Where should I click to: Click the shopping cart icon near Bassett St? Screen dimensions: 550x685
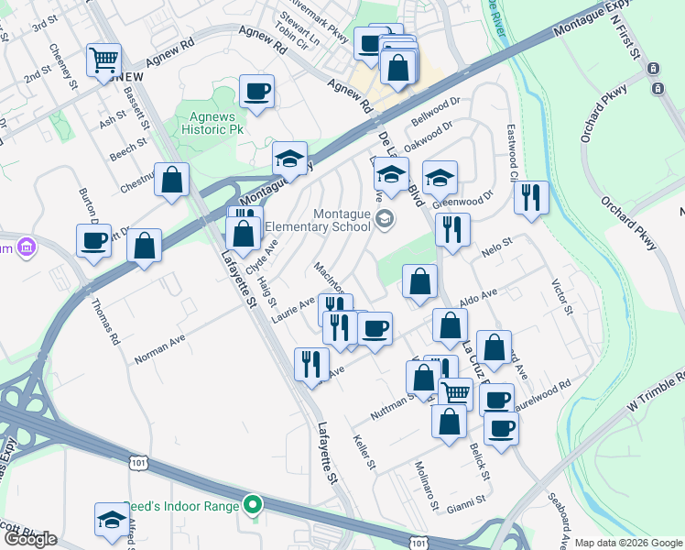(103, 61)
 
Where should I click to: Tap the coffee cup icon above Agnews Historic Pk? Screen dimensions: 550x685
(256, 92)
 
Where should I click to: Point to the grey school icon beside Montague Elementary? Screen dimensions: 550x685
(385, 218)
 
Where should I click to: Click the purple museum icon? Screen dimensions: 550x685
(27, 247)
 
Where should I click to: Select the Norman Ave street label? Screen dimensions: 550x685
(159, 348)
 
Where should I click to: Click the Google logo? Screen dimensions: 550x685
(29, 539)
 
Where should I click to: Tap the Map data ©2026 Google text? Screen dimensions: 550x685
(628, 543)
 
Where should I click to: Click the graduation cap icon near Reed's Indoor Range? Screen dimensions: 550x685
(112, 518)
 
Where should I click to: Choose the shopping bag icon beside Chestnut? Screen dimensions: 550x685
(171, 180)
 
